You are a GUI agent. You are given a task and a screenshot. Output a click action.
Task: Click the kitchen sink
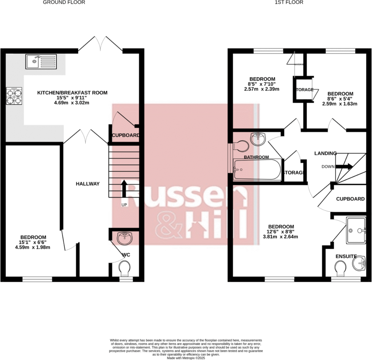pyautogui.click(x=41, y=61)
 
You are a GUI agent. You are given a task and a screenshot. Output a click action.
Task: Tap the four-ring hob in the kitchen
pyautogui.click(x=14, y=96)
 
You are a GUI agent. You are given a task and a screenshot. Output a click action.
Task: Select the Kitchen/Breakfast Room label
pyautogui.click(x=72, y=92)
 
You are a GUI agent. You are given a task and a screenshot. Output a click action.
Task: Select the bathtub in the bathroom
pyautogui.click(x=257, y=170)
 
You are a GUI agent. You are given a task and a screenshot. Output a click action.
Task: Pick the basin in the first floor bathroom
pyautogui.click(x=258, y=139)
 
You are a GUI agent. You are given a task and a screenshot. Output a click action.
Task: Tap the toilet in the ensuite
pyautogui.click(x=341, y=268)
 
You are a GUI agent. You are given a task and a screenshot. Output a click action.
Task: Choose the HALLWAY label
pyautogui.click(x=87, y=184)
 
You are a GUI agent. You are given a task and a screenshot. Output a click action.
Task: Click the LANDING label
pyautogui.click(x=325, y=153)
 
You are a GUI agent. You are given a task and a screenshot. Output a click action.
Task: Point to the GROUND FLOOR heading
pyautogui.click(x=64, y=2)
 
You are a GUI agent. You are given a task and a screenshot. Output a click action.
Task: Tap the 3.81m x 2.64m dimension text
pyautogui.click(x=281, y=237)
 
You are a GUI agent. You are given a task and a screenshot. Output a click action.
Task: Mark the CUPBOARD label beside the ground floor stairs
pyautogui.click(x=126, y=135)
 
